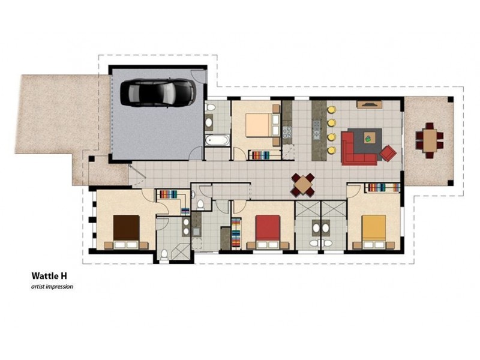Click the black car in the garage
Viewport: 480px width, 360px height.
pyautogui.click(x=158, y=93)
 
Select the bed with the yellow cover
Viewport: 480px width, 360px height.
pyautogui.click(x=373, y=232)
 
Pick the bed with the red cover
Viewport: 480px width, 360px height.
pyautogui.click(x=268, y=232)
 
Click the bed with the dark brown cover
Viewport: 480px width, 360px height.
pyautogui.click(x=126, y=232)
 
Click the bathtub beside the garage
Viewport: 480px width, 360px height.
pyautogui.click(x=218, y=140)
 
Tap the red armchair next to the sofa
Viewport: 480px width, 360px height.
pyautogui.click(x=388, y=153)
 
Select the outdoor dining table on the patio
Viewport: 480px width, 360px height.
pyautogui.click(x=430, y=140)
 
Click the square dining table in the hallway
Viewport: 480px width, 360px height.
pyautogui.click(x=303, y=185)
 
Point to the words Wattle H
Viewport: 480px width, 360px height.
pyautogui.click(x=49, y=276)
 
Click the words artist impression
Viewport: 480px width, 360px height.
pyautogui.click(x=52, y=287)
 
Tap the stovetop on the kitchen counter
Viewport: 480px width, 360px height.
pyautogui.click(x=287, y=132)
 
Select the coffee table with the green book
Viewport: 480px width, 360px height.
pyautogui.click(x=368, y=139)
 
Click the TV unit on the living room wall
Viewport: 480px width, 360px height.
pyautogui.click(x=369, y=104)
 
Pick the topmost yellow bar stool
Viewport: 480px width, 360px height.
pyautogui.click(x=331, y=110)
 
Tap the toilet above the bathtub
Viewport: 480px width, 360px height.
pyautogui.click(x=211, y=107)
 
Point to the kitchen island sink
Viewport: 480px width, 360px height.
pyautogui.click(x=317, y=134)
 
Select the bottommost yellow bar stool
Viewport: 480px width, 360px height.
pyautogui.click(x=331, y=151)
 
